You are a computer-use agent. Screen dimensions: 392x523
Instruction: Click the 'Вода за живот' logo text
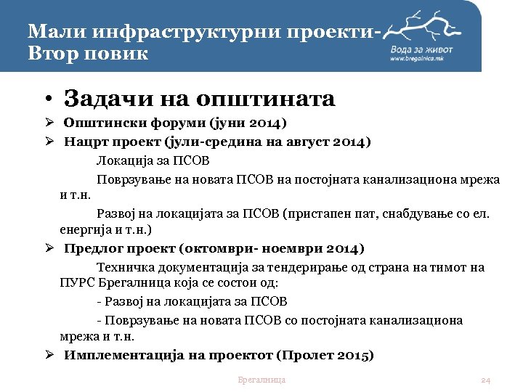424,49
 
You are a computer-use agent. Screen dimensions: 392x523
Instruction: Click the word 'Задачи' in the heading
102,99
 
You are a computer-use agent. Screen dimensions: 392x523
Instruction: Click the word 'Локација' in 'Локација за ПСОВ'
122,160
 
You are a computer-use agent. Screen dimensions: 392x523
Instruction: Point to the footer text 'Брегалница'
261,380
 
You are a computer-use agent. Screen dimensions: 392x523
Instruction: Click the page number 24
487,380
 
